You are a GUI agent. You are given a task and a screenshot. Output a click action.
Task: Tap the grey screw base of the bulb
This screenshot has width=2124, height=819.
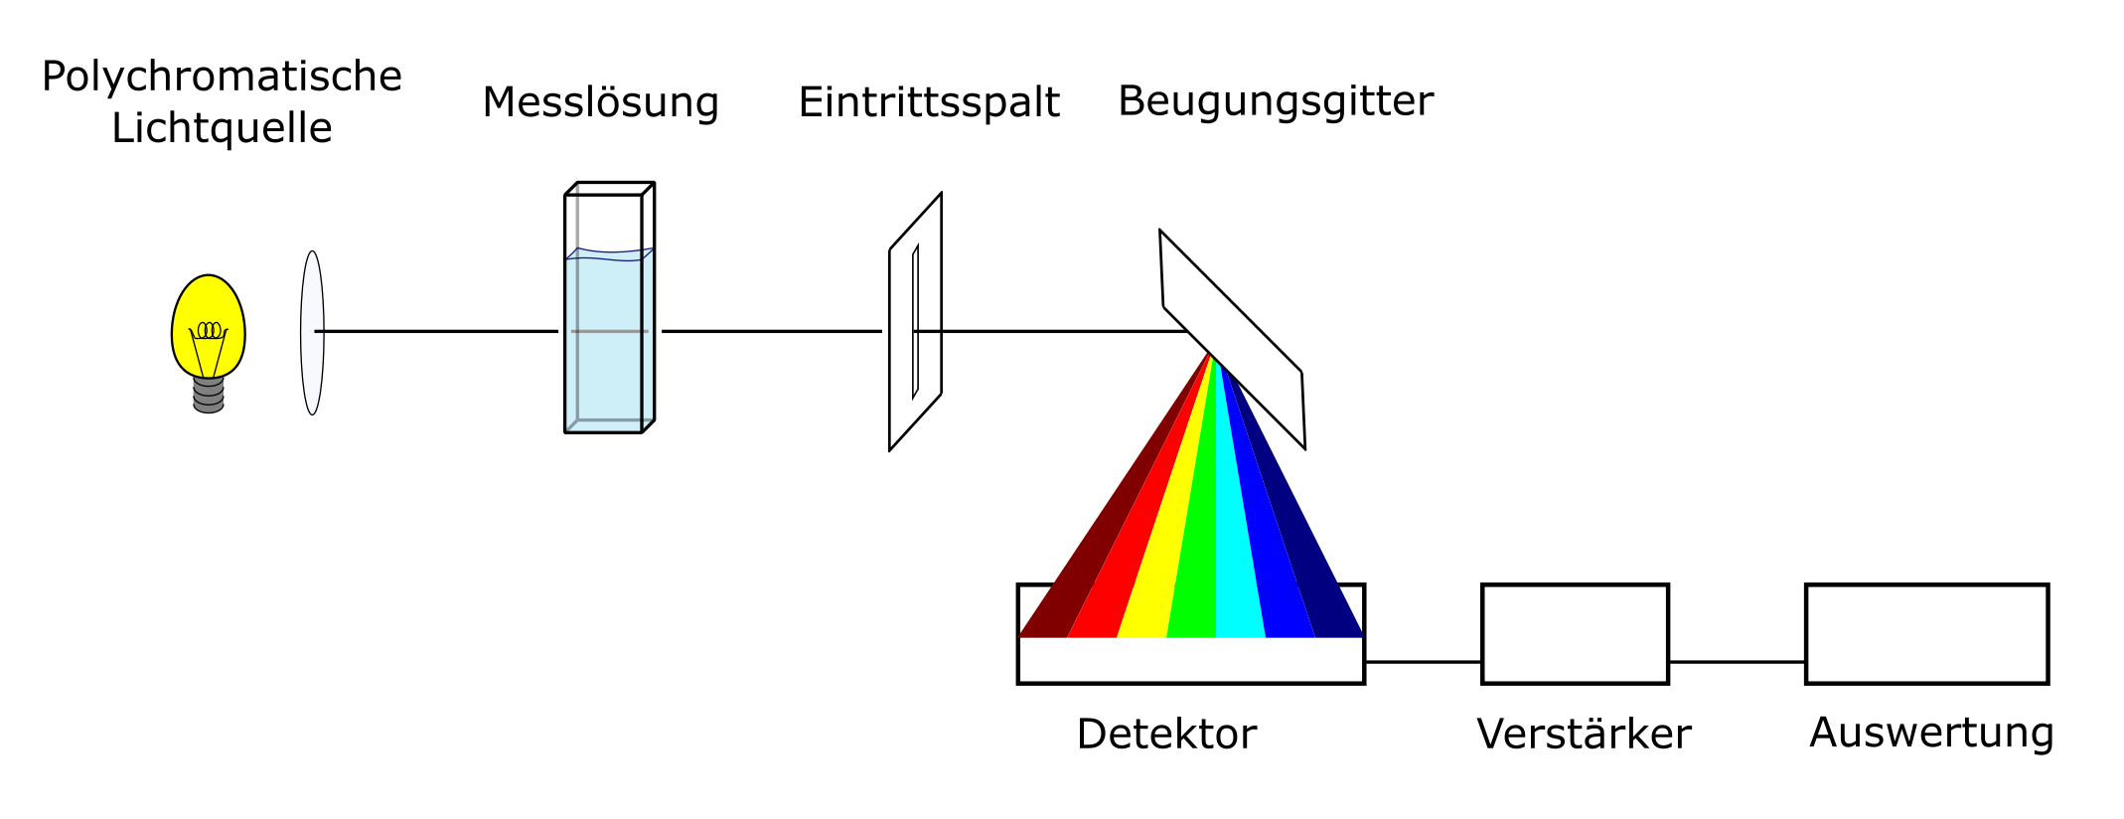click(208, 395)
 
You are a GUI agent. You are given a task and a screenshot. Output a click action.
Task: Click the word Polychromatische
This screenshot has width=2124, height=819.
click(222, 77)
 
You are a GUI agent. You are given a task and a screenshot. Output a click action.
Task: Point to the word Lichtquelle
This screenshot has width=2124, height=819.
click(222, 128)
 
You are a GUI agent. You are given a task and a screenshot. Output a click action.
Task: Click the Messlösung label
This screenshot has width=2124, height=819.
click(600, 102)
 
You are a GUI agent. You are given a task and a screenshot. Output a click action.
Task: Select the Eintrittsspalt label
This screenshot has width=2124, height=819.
click(929, 102)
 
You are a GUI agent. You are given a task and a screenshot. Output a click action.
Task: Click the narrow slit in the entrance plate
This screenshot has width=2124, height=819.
click(915, 322)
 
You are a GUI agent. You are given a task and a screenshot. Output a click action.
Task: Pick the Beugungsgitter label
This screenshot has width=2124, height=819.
click(1276, 101)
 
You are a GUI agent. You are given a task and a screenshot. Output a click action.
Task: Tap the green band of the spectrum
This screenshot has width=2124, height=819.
click(1197, 557)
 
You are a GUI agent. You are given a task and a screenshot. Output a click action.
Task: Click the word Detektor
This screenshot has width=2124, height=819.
click(1166, 735)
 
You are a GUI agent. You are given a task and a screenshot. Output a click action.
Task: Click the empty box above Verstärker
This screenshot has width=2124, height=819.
click(1575, 634)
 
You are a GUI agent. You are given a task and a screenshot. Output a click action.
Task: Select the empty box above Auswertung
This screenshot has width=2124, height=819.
click(1926, 634)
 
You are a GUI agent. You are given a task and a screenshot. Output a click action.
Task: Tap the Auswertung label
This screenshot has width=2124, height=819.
click(1931, 733)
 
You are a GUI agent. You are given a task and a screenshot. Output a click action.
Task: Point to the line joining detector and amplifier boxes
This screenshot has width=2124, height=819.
click(1423, 662)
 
